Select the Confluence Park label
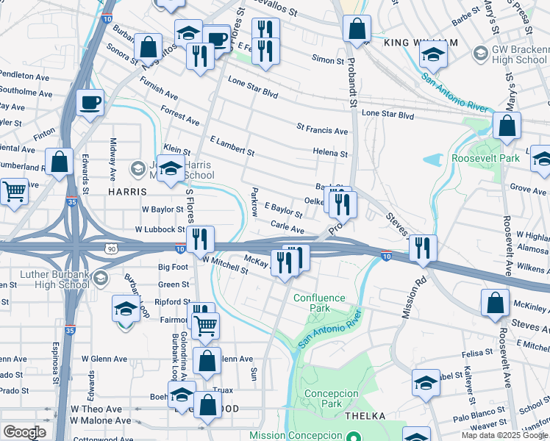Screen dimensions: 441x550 pos(319,303)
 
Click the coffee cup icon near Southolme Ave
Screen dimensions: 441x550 pos(90,104)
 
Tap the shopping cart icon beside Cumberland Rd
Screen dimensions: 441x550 pos(14,193)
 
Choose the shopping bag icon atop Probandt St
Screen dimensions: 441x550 pos(357,30)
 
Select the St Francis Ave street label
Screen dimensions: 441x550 pos(322,130)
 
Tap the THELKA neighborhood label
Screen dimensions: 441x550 pos(365,416)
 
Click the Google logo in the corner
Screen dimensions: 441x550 pos(24,432)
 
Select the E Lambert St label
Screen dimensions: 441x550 pos(232,146)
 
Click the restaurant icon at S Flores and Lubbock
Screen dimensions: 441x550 pos(199,239)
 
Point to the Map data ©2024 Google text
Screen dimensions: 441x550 pos(504,435)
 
